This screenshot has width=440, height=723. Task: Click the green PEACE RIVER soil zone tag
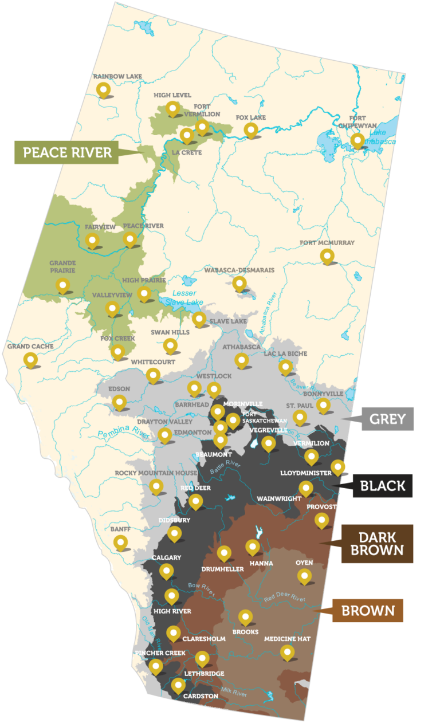point(66,152)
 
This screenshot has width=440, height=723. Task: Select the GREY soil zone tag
point(387,419)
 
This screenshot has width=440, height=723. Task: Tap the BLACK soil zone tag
point(382,486)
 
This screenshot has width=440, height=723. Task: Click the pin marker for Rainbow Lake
point(104,89)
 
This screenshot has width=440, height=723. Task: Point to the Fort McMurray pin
point(327,256)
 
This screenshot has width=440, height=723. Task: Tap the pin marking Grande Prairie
point(62,284)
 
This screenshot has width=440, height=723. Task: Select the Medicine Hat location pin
point(287,651)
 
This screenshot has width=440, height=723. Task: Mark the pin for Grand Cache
point(30,359)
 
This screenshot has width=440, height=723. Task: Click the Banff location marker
point(120,542)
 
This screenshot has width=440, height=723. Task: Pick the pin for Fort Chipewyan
point(358,140)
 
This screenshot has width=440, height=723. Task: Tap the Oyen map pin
point(304,575)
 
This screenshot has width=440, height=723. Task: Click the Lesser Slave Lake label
point(184,298)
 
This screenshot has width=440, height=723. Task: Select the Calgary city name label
point(166,557)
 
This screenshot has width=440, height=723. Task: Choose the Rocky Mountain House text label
point(148,473)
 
